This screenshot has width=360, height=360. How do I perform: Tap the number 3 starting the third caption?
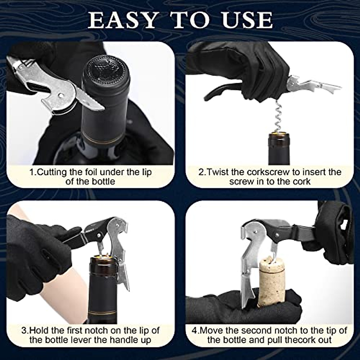[24, 331]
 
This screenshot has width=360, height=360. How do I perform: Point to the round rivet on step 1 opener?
[61, 95]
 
